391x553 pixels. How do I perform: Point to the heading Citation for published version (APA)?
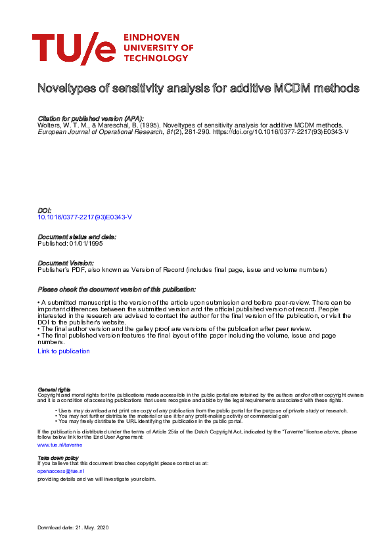[x=91, y=117]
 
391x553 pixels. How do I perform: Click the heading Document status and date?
[x=77, y=236]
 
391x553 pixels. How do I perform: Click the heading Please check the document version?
[x=117, y=289]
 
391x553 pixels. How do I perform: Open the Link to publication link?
[x=64, y=351]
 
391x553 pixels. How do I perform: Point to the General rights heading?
[x=54, y=389]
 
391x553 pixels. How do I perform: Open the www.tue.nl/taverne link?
[x=60, y=445]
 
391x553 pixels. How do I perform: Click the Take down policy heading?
[x=58, y=457]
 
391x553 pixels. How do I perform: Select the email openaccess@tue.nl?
[x=61, y=471]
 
